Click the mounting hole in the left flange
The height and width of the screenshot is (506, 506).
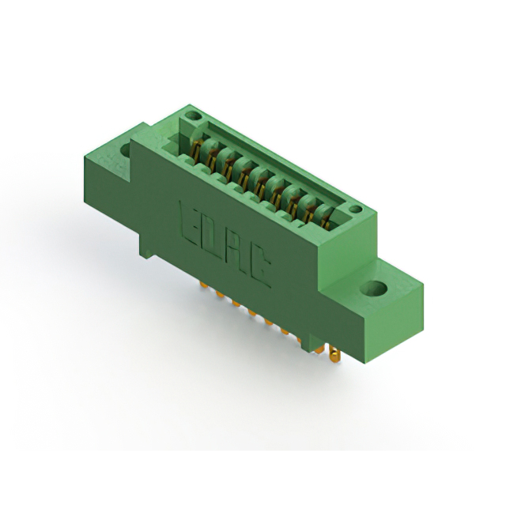coord(125,150)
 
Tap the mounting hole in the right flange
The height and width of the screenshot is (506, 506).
coord(373,289)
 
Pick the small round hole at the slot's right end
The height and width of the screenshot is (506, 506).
coord(356,209)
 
